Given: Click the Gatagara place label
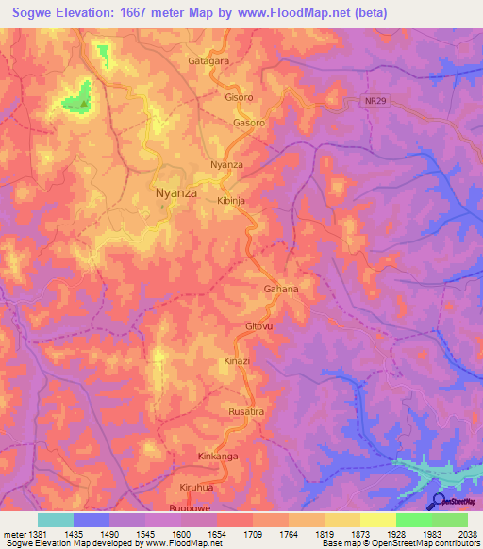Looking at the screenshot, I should [x=208, y=60].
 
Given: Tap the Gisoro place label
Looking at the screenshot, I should [x=239, y=97].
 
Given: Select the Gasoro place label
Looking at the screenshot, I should [x=249, y=123].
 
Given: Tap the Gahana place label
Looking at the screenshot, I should [x=280, y=290].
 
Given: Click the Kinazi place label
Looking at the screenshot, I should [x=237, y=361].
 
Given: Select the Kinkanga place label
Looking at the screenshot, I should [x=219, y=456].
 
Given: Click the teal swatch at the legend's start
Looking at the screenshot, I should [x=55, y=520].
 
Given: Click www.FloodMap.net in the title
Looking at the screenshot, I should [x=294, y=14].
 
